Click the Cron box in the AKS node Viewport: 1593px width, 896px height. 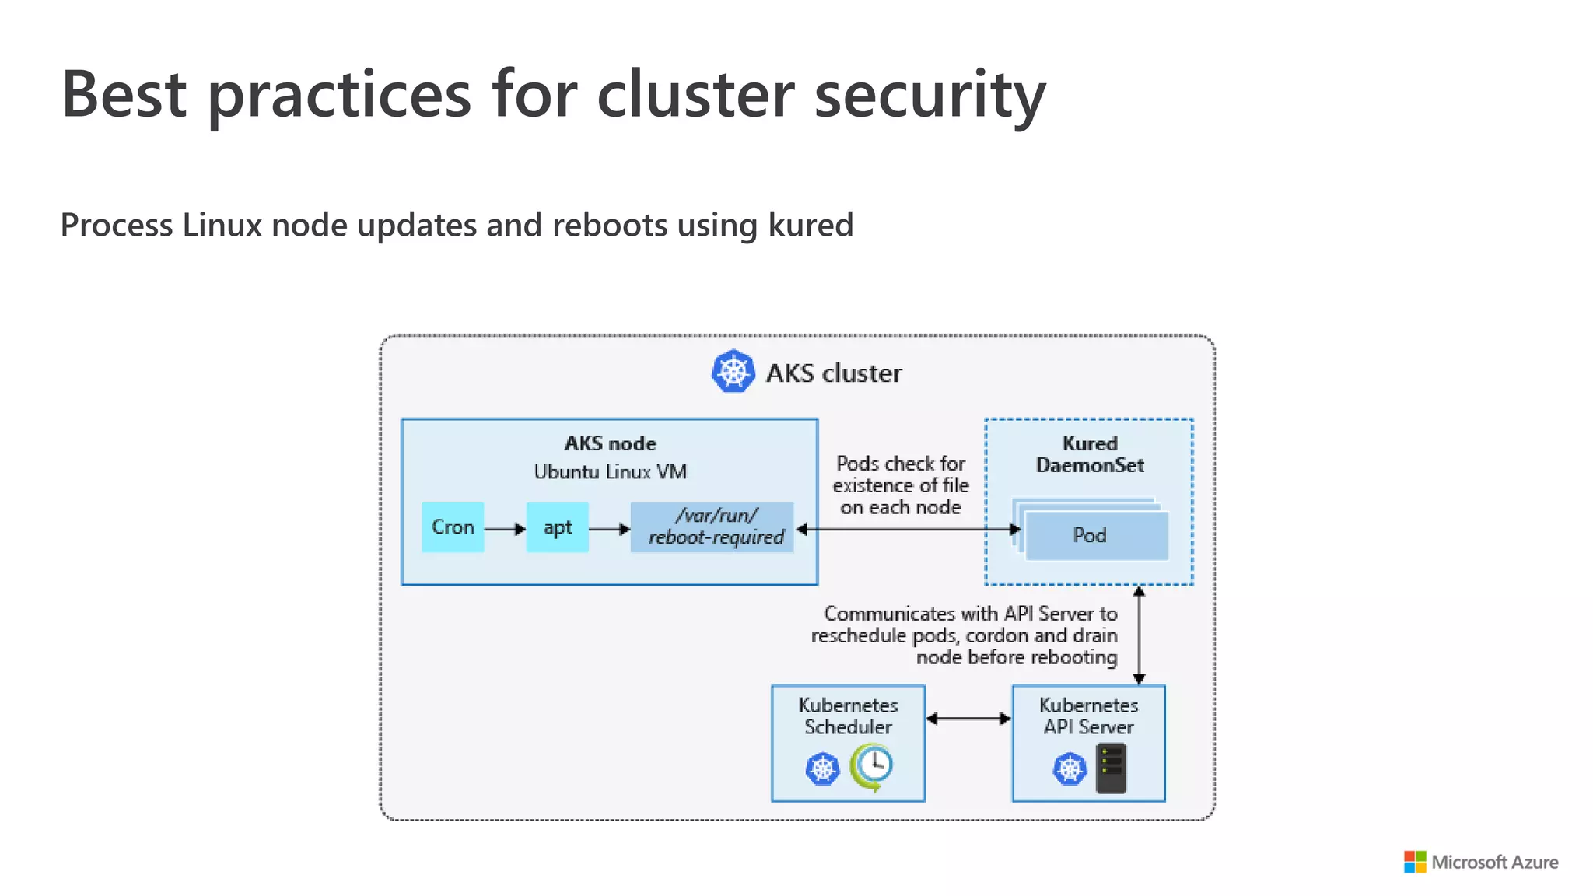(x=453, y=527)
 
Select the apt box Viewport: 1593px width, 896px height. (x=557, y=527)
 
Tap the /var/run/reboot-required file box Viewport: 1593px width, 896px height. (x=712, y=527)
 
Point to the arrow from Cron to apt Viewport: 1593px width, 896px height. (x=505, y=529)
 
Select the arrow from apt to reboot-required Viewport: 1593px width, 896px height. (x=609, y=529)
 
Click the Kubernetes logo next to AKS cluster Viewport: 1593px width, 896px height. (x=733, y=372)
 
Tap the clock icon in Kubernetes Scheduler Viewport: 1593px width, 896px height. (x=873, y=766)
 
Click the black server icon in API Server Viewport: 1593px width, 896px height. (x=1111, y=768)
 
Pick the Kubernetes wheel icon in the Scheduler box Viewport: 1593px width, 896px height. (x=822, y=769)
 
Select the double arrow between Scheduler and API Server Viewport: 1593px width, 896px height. (x=968, y=719)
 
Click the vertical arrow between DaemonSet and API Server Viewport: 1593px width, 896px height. (x=1139, y=635)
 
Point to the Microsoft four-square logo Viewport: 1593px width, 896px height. (x=1414, y=862)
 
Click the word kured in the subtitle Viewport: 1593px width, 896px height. (x=811, y=226)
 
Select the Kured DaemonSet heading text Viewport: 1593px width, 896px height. (x=1090, y=454)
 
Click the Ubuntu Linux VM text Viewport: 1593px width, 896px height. (x=610, y=472)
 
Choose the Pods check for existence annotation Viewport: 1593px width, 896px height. (x=901, y=485)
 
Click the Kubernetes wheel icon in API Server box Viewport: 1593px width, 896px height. (x=1070, y=769)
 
